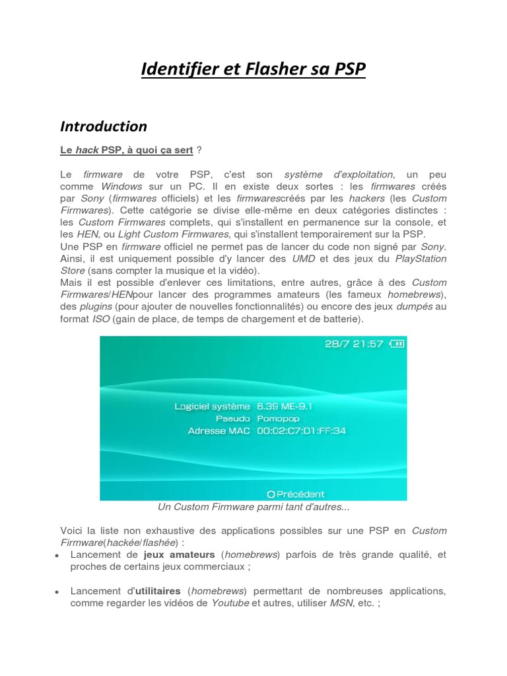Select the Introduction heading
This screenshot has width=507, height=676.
tap(104, 126)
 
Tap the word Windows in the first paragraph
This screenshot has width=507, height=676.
tap(121, 186)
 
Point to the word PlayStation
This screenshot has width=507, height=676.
tap(421, 258)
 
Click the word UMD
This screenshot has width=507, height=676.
tap(304, 258)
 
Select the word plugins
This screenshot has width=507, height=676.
tap(96, 307)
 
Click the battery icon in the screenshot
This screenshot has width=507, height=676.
tap(397, 344)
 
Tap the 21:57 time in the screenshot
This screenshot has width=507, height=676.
tap(367, 344)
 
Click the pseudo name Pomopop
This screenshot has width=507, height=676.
tap(278, 418)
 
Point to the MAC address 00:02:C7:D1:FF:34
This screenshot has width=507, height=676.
tap(301, 430)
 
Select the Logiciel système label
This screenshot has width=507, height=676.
tap(212, 406)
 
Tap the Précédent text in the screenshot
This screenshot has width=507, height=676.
tap(300, 493)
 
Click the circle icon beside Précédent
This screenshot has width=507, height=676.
tap(271, 493)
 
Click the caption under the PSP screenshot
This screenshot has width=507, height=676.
tap(253, 507)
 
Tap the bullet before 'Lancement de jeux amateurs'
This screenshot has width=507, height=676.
tap(57, 556)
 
